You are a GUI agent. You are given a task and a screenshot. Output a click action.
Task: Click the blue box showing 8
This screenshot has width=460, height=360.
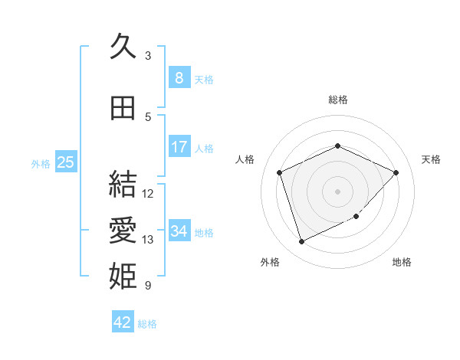tap(179, 78)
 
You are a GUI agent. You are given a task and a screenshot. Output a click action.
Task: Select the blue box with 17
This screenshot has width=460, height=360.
tap(179, 147)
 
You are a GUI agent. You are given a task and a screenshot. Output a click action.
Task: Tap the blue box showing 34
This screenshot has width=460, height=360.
tap(179, 231)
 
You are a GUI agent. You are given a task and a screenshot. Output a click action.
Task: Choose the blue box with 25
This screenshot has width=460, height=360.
tap(65, 162)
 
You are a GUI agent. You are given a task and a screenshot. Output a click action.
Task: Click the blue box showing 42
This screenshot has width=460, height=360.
tap(123, 322)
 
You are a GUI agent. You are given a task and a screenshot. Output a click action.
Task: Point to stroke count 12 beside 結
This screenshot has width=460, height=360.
tap(148, 194)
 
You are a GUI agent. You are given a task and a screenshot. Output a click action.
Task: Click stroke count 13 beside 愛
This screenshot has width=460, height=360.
tap(148, 240)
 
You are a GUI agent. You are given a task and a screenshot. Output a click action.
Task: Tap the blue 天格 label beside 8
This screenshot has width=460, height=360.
tap(204, 79)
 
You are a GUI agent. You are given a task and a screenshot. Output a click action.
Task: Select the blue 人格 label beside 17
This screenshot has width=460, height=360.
tap(204, 148)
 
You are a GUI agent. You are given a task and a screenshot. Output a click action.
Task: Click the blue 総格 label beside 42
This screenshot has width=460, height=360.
tap(147, 324)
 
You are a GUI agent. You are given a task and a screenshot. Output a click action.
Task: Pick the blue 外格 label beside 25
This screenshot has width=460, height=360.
tap(41, 163)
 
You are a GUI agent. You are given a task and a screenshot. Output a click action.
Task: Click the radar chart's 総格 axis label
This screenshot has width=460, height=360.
tap(337, 100)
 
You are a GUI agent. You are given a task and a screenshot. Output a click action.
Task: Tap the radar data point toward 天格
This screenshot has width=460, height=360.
tap(396, 172)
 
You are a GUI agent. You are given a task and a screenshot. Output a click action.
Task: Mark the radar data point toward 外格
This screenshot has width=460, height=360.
tap(301, 242)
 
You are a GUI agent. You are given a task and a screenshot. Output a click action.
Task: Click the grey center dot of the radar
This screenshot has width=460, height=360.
tap(337, 191)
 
